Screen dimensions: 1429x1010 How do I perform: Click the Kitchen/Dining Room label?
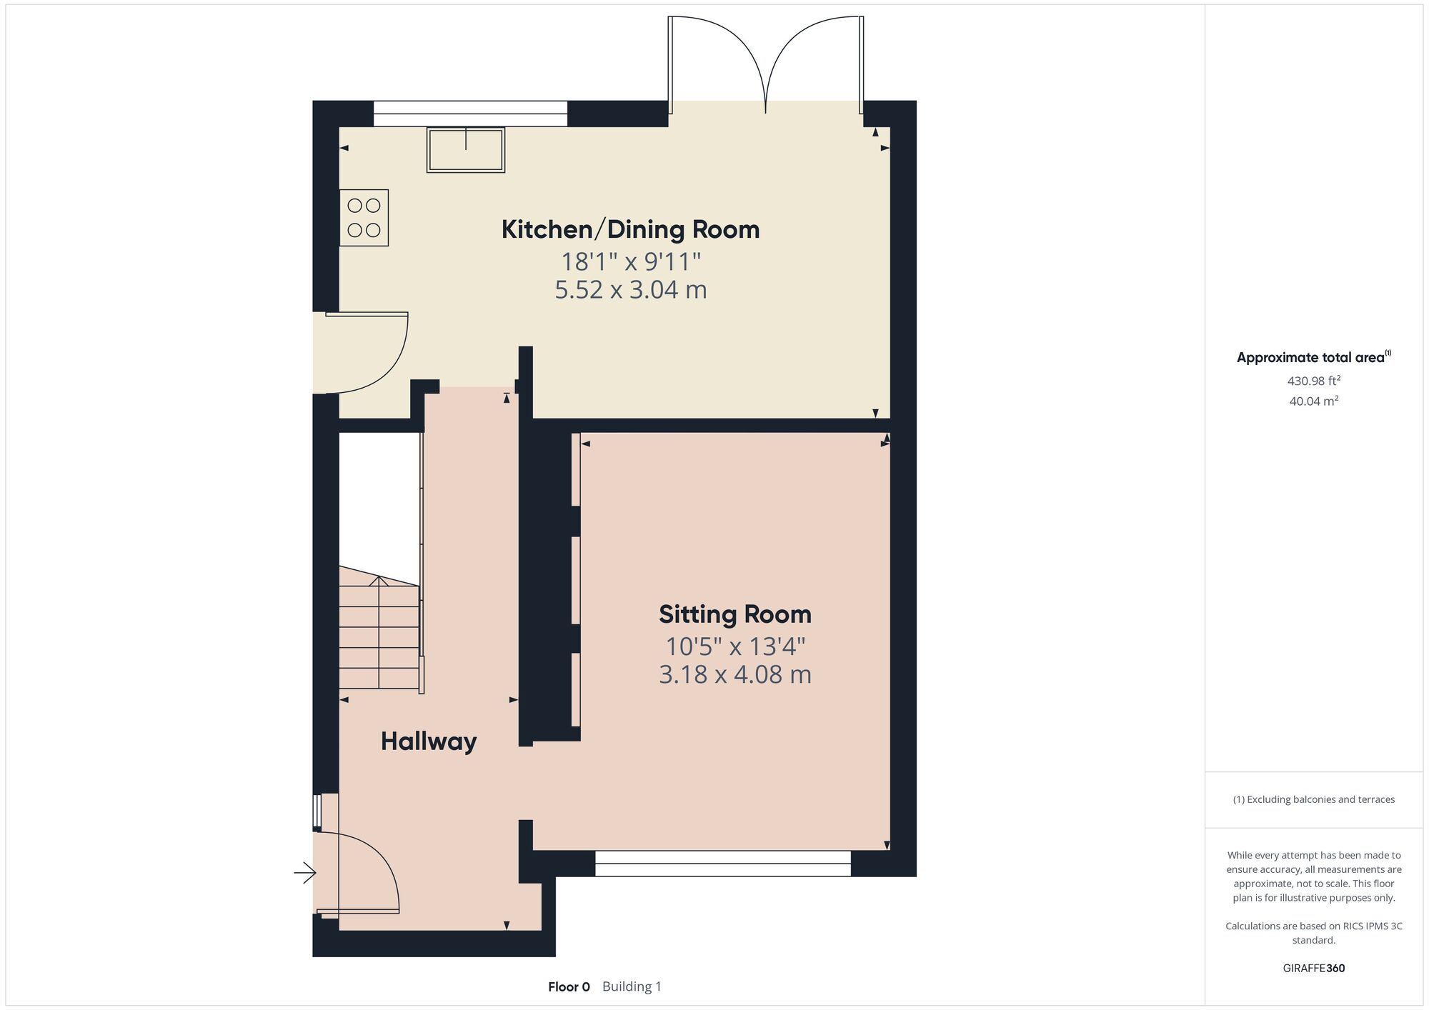tap(630, 229)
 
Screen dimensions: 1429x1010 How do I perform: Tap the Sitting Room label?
tap(735, 614)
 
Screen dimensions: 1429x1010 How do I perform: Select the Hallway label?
tap(429, 741)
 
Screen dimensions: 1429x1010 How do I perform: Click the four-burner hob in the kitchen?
tap(364, 218)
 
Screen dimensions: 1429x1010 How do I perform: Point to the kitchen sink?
tap(466, 149)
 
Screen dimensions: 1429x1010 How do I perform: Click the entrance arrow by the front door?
tap(305, 872)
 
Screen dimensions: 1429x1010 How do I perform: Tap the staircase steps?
tap(379, 629)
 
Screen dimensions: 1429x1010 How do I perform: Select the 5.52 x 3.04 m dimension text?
tap(631, 290)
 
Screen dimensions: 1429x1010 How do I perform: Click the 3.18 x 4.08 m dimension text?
tap(735, 674)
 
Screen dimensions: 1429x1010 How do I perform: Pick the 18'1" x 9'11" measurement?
tap(631, 261)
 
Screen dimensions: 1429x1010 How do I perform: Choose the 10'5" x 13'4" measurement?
tap(735, 646)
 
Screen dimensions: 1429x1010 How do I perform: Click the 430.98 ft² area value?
tap(1314, 381)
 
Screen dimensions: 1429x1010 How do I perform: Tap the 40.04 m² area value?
tap(1314, 401)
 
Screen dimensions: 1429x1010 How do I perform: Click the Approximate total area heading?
tap(1313, 357)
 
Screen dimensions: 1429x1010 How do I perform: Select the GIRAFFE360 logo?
tap(1314, 969)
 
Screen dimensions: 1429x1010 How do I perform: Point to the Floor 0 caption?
tap(569, 987)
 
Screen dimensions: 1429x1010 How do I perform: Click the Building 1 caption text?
tap(632, 987)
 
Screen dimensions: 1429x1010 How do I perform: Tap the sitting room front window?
tap(723, 864)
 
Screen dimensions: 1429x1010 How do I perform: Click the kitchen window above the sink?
tap(470, 114)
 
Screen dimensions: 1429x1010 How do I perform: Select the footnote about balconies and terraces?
tap(1314, 799)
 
